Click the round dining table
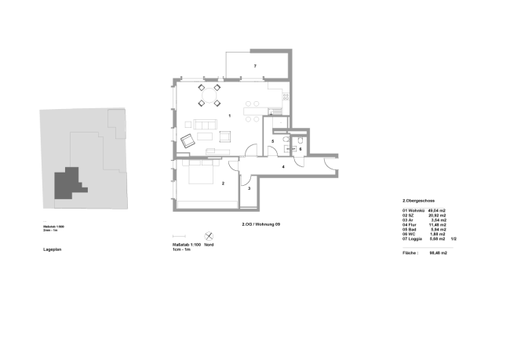point(209,95)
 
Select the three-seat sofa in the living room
point(205,125)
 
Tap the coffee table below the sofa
point(205,136)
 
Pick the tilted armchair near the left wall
point(188,141)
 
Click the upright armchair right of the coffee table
point(225,136)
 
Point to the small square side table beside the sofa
point(188,124)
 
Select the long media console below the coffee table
point(218,151)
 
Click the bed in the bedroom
point(201,171)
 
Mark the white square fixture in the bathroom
point(287,148)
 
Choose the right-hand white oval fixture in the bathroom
point(300,140)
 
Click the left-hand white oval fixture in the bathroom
point(286,140)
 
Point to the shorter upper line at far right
point(423,208)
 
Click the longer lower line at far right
point(428,248)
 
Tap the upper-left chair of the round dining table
point(202,87)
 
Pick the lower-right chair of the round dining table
point(217,103)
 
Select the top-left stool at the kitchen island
point(248,104)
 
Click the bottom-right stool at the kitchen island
point(257,119)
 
